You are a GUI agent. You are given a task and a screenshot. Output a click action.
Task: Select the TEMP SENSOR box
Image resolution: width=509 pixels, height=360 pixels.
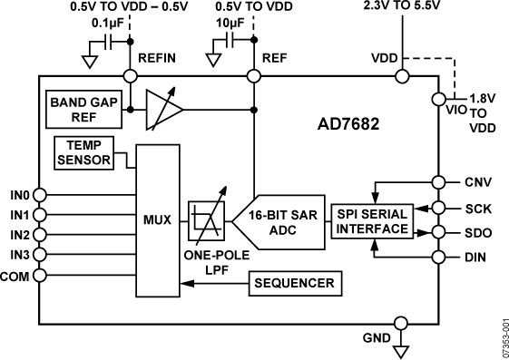point(84,152)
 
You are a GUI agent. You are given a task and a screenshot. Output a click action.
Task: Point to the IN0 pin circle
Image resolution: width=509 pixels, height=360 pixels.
point(39,194)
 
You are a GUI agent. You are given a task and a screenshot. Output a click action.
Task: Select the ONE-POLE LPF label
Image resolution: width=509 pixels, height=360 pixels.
point(208,261)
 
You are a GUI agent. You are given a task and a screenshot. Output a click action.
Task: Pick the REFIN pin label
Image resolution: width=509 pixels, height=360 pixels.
point(156,57)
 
